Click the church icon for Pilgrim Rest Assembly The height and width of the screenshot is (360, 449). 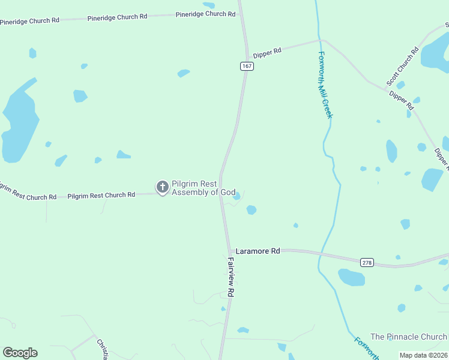(x=162, y=187)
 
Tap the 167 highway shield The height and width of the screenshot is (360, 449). (x=247, y=66)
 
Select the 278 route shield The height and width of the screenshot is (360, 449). (x=367, y=262)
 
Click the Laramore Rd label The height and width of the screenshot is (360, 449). (x=258, y=251)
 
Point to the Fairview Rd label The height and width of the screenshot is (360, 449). (x=231, y=277)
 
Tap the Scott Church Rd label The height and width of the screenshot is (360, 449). (x=402, y=67)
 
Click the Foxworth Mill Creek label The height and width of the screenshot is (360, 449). (x=325, y=85)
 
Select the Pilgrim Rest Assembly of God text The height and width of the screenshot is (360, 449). (x=203, y=188)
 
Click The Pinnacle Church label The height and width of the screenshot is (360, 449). (x=408, y=337)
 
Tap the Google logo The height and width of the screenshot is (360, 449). (x=20, y=353)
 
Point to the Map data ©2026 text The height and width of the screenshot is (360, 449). (x=423, y=355)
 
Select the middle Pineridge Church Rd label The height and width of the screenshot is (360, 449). (x=117, y=17)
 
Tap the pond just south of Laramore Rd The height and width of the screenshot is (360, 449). (x=352, y=277)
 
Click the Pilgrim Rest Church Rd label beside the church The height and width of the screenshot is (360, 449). (x=101, y=196)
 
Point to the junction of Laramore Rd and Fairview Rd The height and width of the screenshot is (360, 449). (x=229, y=250)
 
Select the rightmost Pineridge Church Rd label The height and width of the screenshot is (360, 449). (x=205, y=14)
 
